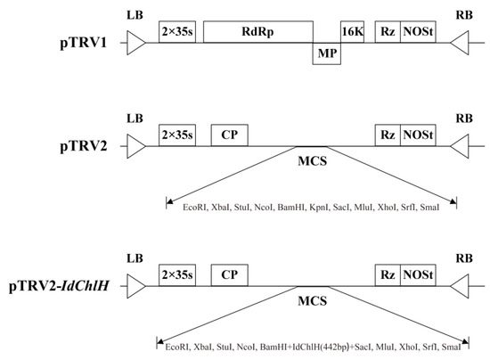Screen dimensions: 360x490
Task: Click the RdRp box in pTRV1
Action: coord(257,31)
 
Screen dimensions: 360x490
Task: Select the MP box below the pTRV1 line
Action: coord(323,54)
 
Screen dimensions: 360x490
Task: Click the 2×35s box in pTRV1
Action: coord(177,31)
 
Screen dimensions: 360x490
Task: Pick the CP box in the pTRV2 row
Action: coord(229,135)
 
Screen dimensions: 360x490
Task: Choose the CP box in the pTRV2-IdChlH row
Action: coord(229,275)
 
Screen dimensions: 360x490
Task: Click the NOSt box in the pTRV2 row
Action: coord(418,135)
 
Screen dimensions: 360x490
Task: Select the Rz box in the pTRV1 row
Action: coord(388,31)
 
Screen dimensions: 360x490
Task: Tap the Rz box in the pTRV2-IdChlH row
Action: coord(388,275)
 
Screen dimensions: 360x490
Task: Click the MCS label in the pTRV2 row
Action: coord(312,162)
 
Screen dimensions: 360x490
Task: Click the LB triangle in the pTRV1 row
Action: coord(135,42)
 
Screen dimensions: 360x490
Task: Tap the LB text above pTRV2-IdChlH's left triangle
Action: coord(135,258)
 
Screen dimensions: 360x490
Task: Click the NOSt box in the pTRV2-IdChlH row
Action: coord(418,275)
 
